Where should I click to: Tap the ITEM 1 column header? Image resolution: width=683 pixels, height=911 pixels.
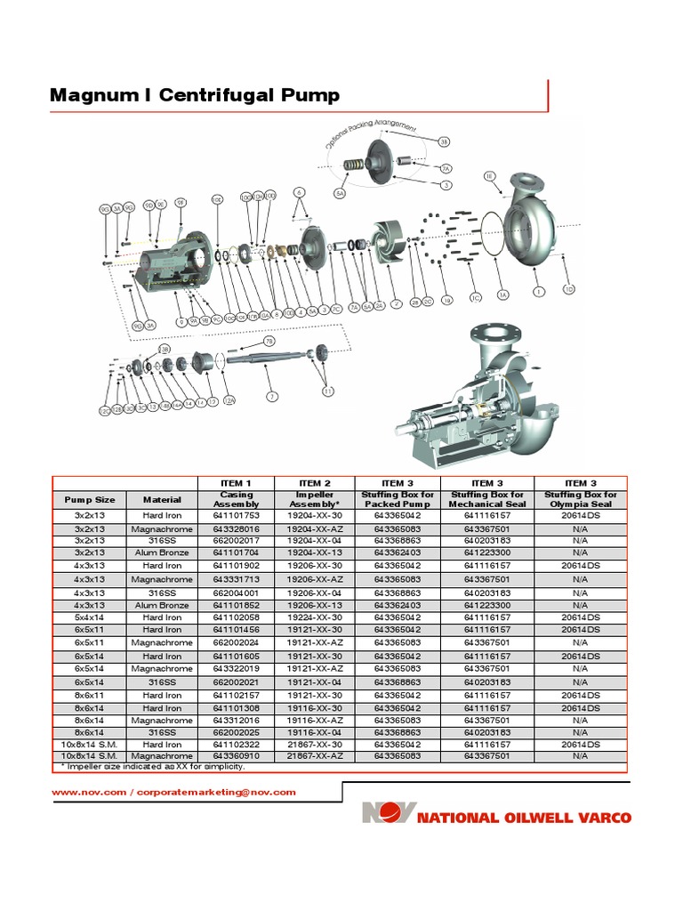tap(235, 483)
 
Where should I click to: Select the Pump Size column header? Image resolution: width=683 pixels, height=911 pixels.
tap(89, 500)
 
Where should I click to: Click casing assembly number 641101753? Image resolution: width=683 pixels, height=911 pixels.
tap(235, 514)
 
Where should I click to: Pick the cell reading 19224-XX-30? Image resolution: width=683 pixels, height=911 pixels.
tap(314, 617)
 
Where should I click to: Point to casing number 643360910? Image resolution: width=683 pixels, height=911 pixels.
tap(235, 755)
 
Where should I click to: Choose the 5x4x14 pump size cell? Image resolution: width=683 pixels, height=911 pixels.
tap(89, 617)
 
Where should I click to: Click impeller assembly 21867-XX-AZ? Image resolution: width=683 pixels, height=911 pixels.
tap(314, 755)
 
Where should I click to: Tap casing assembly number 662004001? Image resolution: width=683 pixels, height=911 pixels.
tap(235, 592)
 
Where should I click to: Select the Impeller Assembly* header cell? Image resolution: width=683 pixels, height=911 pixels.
tap(314, 499)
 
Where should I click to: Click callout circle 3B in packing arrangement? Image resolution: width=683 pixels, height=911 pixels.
tap(444, 141)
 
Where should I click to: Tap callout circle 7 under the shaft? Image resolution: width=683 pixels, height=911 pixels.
tap(272, 396)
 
